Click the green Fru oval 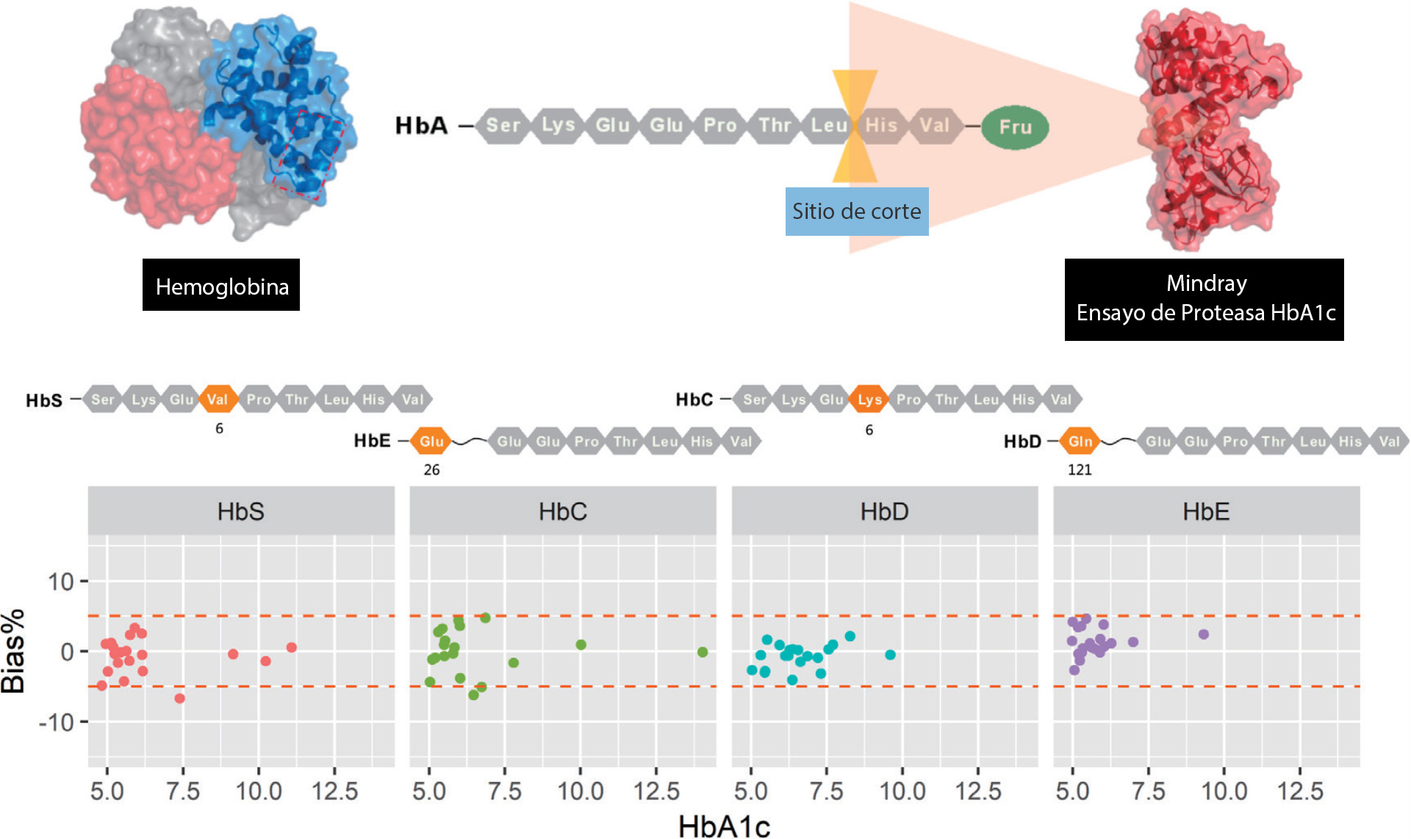coord(1015,127)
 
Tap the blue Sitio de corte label coord(856,212)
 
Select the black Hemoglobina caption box coord(221,285)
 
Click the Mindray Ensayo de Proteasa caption coord(1204,299)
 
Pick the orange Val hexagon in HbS coord(218,399)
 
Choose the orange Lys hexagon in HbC coord(869,399)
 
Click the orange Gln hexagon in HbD coord(1080,441)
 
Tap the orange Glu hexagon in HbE coord(431,441)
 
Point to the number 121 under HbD coord(1080,469)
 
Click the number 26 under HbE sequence coord(431,469)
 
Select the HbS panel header coord(241,511)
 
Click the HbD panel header coord(884,511)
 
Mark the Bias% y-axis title coord(13,651)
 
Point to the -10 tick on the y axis coord(62,722)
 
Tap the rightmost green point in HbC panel coord(703,652)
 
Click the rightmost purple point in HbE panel coord(1204,634)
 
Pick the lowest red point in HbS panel coord(180,698)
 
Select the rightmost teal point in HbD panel coord(890,655)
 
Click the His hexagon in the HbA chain coord(880,126)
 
